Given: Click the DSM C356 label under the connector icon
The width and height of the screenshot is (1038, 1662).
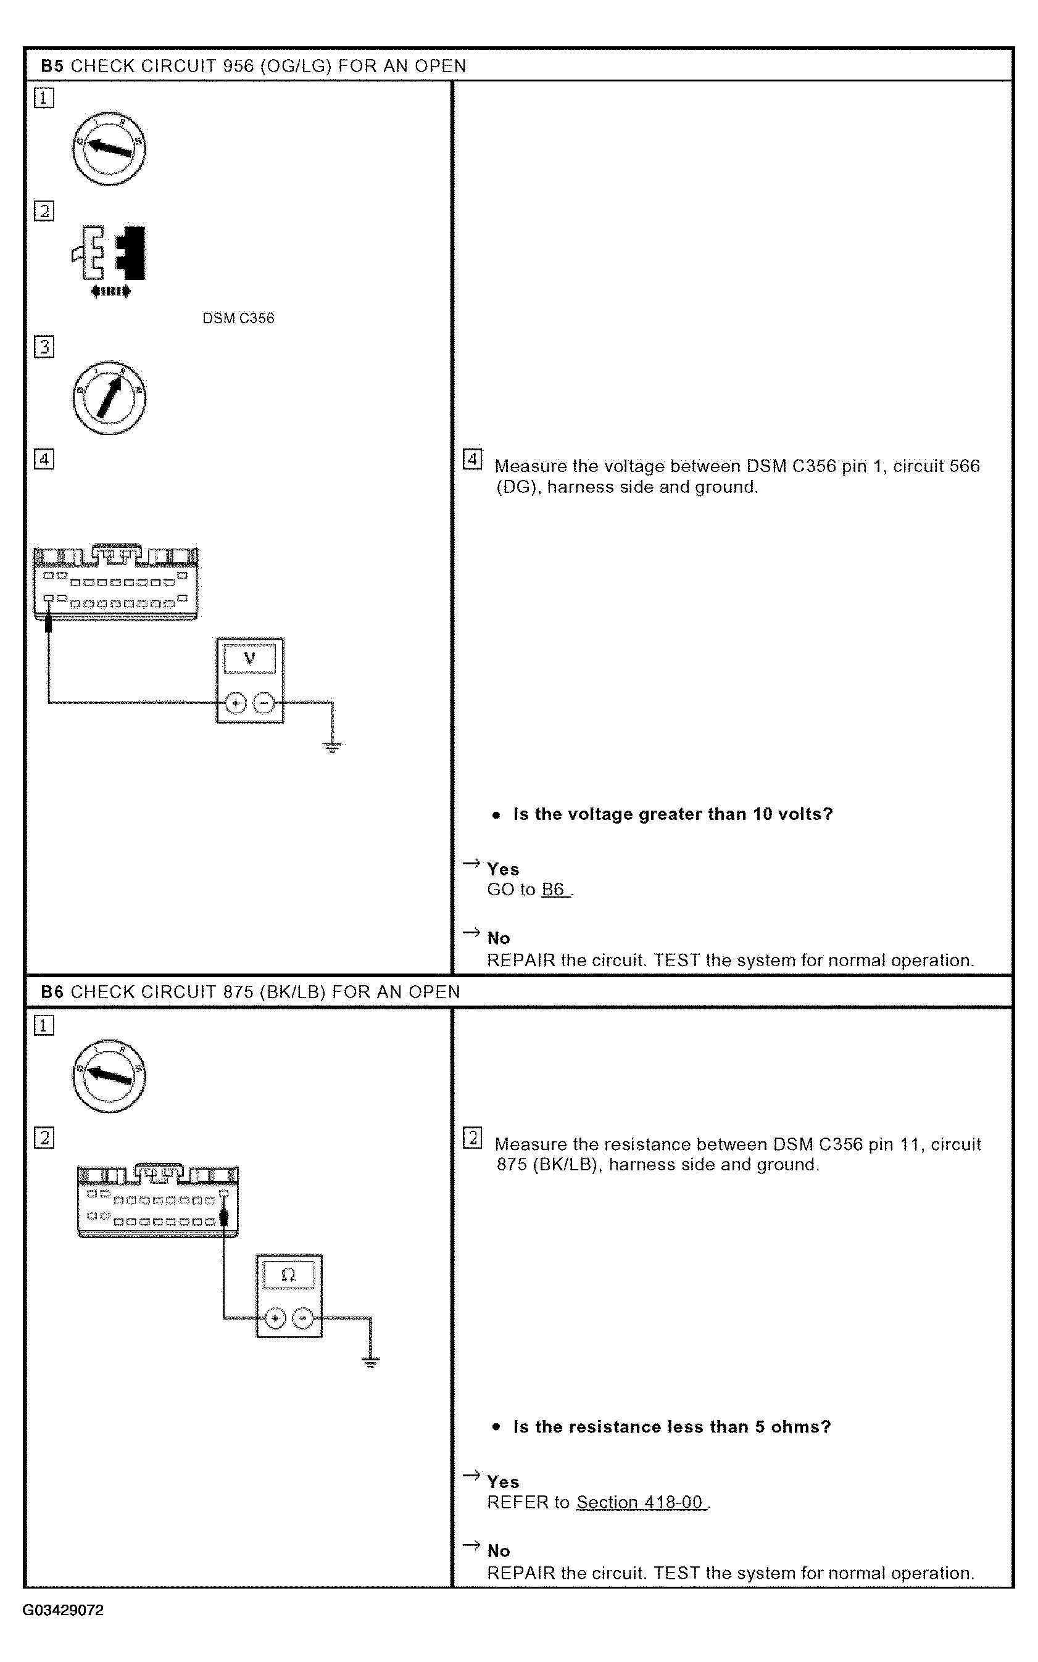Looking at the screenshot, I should tap(238, 318).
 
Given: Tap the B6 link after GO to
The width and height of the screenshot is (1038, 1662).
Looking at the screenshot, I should tap(554, 890).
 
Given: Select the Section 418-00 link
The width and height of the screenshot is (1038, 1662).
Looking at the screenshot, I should tap(640, 1502).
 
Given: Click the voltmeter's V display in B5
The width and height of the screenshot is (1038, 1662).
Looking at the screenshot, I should tap(249, 659).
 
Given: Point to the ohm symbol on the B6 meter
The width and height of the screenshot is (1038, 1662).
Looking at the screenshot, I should tap(288, 1275).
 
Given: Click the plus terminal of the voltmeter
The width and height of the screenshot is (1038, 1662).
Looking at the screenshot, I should tap(236, 703).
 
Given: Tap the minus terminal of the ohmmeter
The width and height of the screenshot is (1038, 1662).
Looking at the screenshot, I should tap(304, 1318).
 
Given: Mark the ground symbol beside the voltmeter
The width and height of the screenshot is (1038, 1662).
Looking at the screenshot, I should tap(332, 746).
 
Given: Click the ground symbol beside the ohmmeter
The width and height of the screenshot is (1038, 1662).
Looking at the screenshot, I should tap(371, 1362).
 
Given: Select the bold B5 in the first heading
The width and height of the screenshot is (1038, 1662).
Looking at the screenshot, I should tap(52, 66).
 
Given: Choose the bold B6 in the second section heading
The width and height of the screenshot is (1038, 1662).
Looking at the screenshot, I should tap(52, 992).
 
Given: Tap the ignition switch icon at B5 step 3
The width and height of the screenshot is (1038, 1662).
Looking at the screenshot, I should tap(109, 397).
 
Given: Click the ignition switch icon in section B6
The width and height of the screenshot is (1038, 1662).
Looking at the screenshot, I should tap(109, 1075).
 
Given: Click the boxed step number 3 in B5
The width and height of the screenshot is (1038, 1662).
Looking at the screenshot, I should tap(44, 347).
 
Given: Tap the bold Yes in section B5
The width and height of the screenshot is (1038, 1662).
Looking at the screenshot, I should tap(502, 869).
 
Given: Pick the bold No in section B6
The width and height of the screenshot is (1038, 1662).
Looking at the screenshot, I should tap(499, 1551).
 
